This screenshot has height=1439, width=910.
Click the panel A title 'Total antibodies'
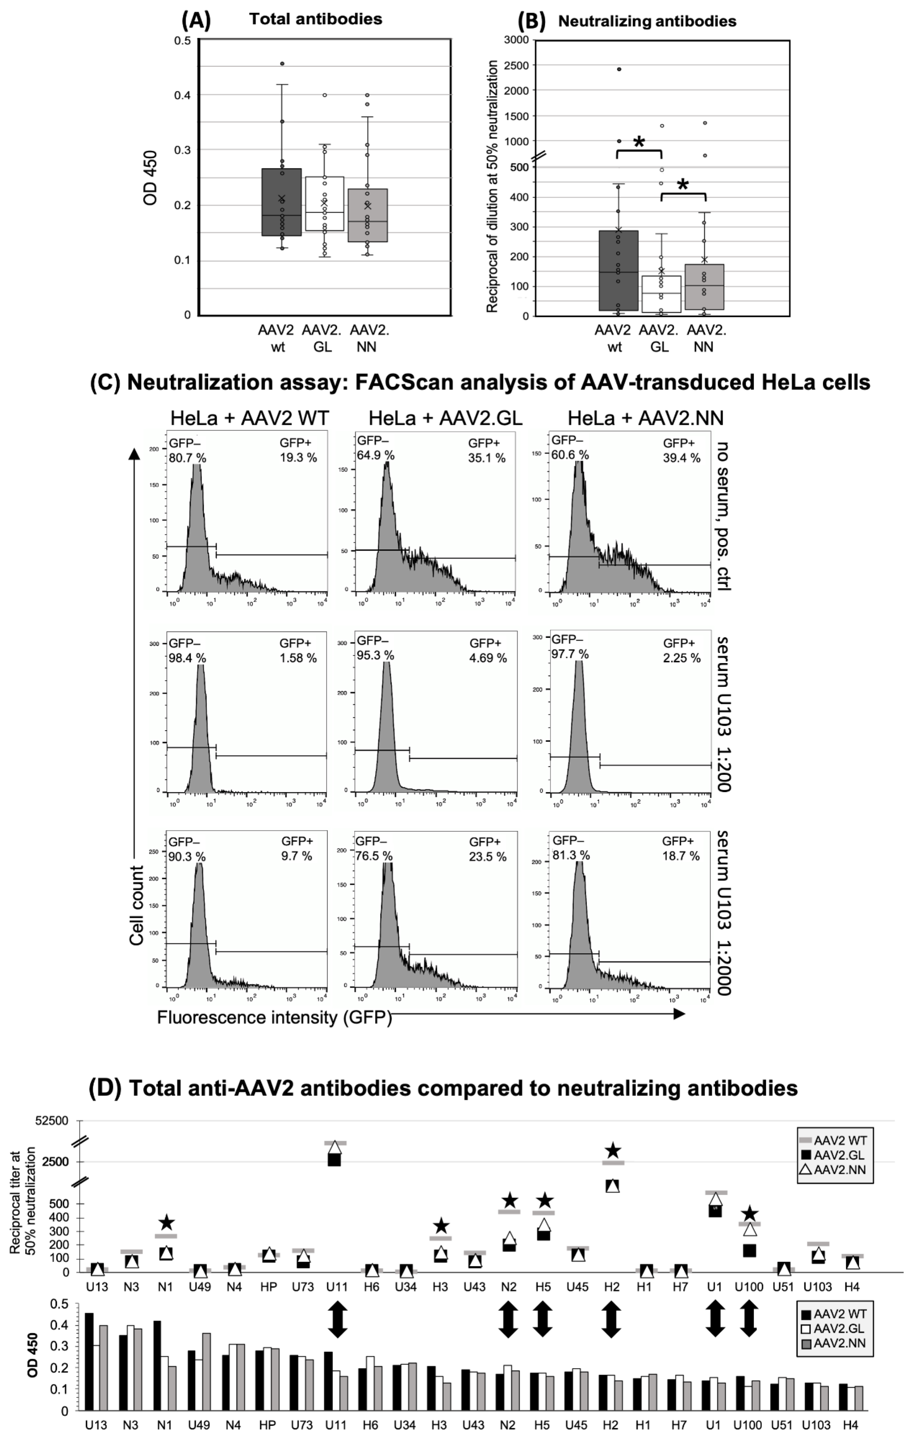[x=316, y=19]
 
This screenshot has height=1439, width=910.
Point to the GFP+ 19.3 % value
[x=298, y=458]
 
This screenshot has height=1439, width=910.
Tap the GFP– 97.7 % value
[x=570, y=654]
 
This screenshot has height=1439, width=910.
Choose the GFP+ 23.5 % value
[x=487, y=856]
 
